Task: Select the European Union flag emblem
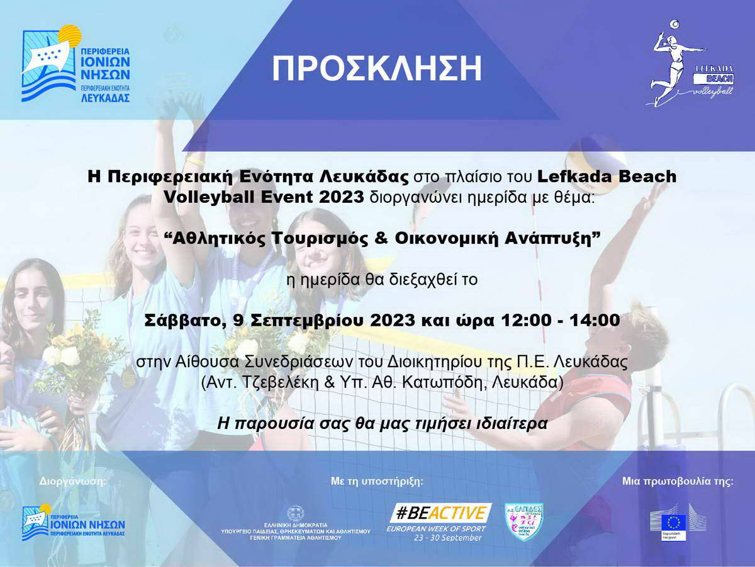point(676,522)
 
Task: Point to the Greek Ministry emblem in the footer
point(296,513)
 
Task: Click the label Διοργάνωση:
point(73,481)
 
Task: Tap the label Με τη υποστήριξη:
point(377,481)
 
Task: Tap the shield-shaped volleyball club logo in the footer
point(524,522)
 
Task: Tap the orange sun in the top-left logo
point(70,35)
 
